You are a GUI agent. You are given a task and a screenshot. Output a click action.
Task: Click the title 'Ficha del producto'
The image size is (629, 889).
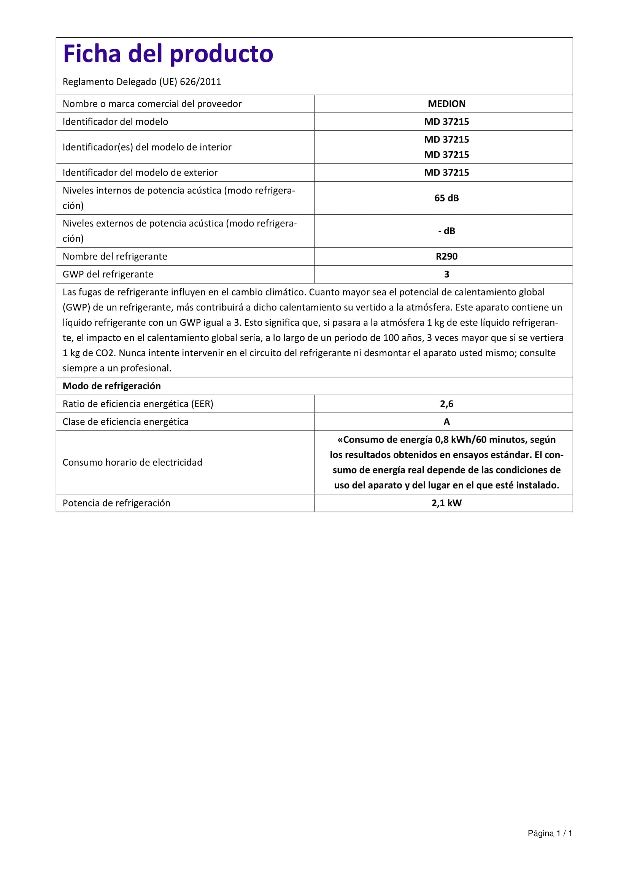(x=168, y=54)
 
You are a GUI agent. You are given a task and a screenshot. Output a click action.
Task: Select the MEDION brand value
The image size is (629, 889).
(x=446, y=104)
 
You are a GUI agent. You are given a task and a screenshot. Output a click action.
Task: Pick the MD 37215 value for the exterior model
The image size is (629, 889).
(x=446, y=173)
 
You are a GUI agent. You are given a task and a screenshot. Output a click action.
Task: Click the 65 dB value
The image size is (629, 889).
(x=446, y=198)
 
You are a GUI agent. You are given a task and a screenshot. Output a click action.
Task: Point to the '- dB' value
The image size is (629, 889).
(x=446, y=231)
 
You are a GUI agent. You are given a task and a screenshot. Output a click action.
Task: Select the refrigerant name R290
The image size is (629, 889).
(x=446, y=256)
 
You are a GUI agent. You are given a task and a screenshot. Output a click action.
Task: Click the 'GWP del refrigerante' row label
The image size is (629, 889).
(x=108, y=274)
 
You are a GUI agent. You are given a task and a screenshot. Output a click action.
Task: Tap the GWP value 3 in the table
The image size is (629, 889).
(x=446, y=274)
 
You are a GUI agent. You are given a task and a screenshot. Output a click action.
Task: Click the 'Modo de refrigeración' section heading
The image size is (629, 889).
(x=111, y=386)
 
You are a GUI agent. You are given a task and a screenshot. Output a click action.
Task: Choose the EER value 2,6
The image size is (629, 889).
(x=446, y=404)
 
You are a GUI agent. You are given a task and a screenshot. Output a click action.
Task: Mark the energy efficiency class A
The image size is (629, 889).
(x=446, y=422)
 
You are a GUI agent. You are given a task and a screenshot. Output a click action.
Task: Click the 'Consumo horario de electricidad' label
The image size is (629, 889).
(x=132, y=462)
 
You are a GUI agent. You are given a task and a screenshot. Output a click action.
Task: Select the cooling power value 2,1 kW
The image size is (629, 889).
(x=446, y=503)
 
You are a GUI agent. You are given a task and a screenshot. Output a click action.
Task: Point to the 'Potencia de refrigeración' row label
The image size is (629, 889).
(x=116, y=503)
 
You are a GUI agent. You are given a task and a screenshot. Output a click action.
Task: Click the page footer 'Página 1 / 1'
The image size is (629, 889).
(x=550, y=833)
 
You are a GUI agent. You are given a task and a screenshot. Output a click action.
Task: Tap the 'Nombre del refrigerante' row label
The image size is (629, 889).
(x=114, y=256)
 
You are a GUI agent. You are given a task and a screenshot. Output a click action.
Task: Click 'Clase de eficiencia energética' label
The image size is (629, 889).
(x=125, y=422)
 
